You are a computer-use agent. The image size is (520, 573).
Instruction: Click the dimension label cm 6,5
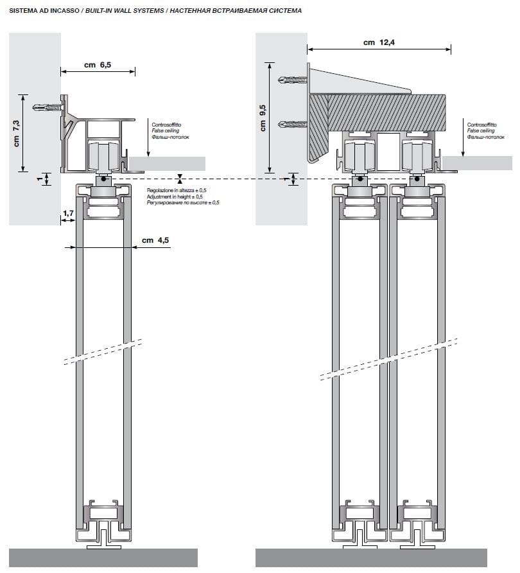pyautogui.click(x=98, y=65)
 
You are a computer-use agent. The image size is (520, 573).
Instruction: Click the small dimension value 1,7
pyautogui.click(x=68, y=212)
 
